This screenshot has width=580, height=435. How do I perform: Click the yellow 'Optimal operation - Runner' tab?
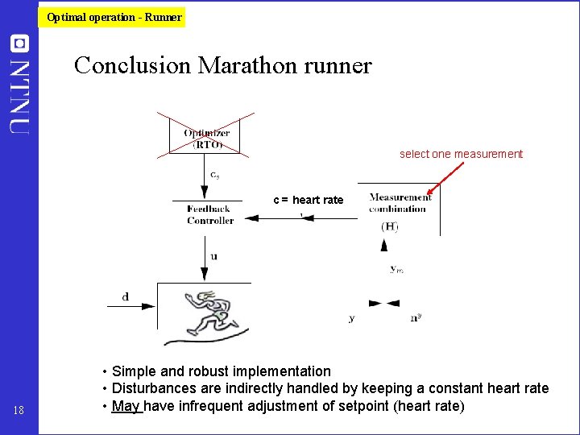point(114,17)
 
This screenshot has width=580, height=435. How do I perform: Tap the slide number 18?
point(19,412)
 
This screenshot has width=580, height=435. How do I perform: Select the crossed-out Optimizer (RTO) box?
point(208,139)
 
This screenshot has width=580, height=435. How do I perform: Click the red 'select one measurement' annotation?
point(461,154)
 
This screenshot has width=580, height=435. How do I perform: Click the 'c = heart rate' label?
point(308,200)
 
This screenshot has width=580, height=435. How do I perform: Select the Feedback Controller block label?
point(210,214)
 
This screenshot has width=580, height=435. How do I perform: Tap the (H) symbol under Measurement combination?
point(389,226)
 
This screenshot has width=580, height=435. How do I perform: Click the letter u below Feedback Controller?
point(213,256)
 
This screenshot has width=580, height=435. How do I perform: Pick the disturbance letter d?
point(125,296)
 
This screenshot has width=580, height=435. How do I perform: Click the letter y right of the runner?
point(351,318)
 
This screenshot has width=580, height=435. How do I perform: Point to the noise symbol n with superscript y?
point(416,317)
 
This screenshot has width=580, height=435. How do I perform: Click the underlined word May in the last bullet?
point(127,405)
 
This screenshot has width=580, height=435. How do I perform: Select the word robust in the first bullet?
point(210,371)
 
